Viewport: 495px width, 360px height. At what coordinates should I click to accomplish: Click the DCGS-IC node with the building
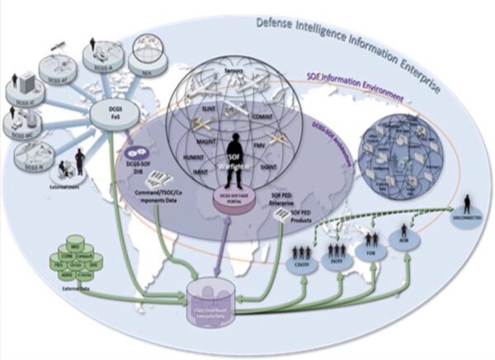pos(22,89)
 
